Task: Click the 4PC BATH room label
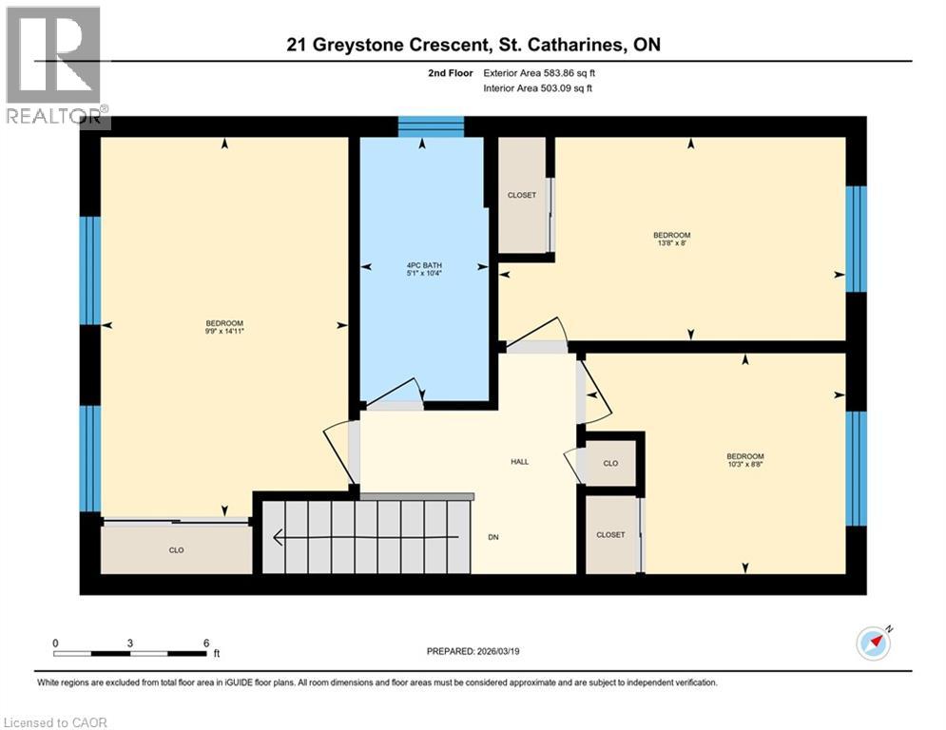pyautogui.click(x=424, y=265)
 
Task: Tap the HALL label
pyautogui.click(x=519, y=462)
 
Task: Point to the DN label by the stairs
pyautogui.click(x=493, y=537)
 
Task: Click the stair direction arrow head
pyautogui.click(x=279, y=536)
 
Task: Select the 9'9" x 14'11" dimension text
pyautogui.click(x=224, y=331)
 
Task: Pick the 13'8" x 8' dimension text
pyautogui.click(x=671, y=243)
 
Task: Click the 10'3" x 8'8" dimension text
pyautogui.click(x=745, y=465)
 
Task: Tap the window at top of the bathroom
pyautogui.click(x=431, y=126)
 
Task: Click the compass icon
pyautogui.click(x=874, y=644)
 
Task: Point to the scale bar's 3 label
pyautogui.click(x=129, y=644)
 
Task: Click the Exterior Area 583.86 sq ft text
pyautogui.click(x=539, y=73)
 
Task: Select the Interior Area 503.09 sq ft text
pyautogui.click(x=537, y=88)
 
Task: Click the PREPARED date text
pyautogui.click(x=473, y=651)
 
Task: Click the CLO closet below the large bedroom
pyautogui.click(x=176, y=550)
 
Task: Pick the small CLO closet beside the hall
pyautogui.click(x=610, y=463)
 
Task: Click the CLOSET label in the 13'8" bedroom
pyautogui.click(x=522, y=195)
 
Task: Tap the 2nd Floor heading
pyautogui.click(x=451, y=73)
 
